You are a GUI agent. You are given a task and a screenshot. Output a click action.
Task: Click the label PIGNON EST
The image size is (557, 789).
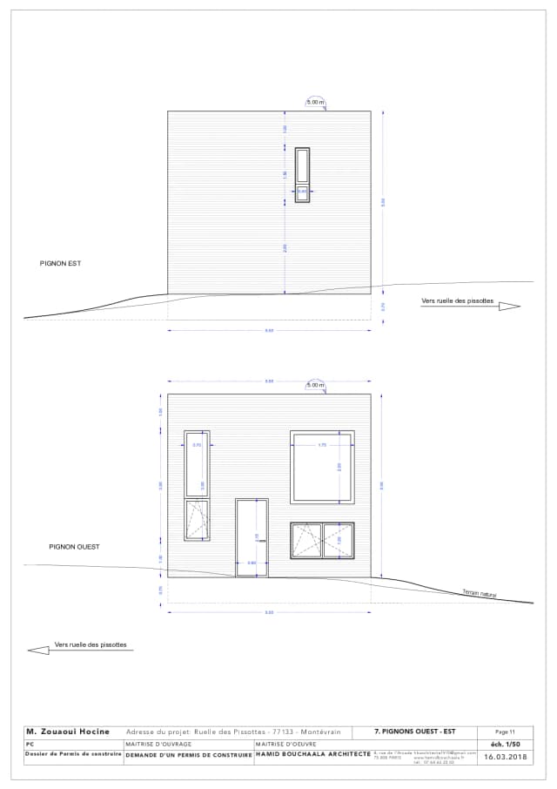(60, 262)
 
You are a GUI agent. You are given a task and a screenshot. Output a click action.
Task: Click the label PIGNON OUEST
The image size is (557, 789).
(74, 547)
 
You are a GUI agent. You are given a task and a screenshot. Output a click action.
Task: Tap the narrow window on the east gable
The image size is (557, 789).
(302, 174)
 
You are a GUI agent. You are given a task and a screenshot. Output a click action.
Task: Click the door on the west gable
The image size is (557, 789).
(252, 537)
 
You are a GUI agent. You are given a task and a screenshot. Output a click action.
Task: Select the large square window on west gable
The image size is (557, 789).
(322, 466)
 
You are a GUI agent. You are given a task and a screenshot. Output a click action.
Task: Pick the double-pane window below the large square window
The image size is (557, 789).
(322, 540)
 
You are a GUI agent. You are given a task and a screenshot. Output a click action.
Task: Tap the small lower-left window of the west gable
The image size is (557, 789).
(197, 520)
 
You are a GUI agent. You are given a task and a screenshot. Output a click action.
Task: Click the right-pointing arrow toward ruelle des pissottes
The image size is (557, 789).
(509, 306)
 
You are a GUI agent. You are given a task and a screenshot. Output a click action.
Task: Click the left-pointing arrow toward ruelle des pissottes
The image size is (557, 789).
(38, 650)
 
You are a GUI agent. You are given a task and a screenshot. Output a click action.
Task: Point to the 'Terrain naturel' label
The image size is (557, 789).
(480, 593)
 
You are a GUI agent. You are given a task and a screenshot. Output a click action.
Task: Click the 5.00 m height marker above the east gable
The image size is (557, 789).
(315, 103)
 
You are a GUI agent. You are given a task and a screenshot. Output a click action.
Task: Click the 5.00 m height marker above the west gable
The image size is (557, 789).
(315, 385)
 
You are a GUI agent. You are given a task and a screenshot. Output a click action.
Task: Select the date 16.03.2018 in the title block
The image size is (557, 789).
(506, 757)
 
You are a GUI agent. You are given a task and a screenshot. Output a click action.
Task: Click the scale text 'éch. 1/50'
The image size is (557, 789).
(506, 745)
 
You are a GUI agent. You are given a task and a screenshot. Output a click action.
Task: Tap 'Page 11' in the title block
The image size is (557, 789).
(506, 732)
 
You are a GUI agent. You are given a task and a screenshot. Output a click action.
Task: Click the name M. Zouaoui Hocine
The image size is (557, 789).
(68, 732)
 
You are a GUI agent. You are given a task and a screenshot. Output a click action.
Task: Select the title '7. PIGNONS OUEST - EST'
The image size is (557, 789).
(414, 732)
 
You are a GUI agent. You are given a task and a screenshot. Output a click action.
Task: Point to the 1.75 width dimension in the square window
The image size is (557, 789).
(322, 445)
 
